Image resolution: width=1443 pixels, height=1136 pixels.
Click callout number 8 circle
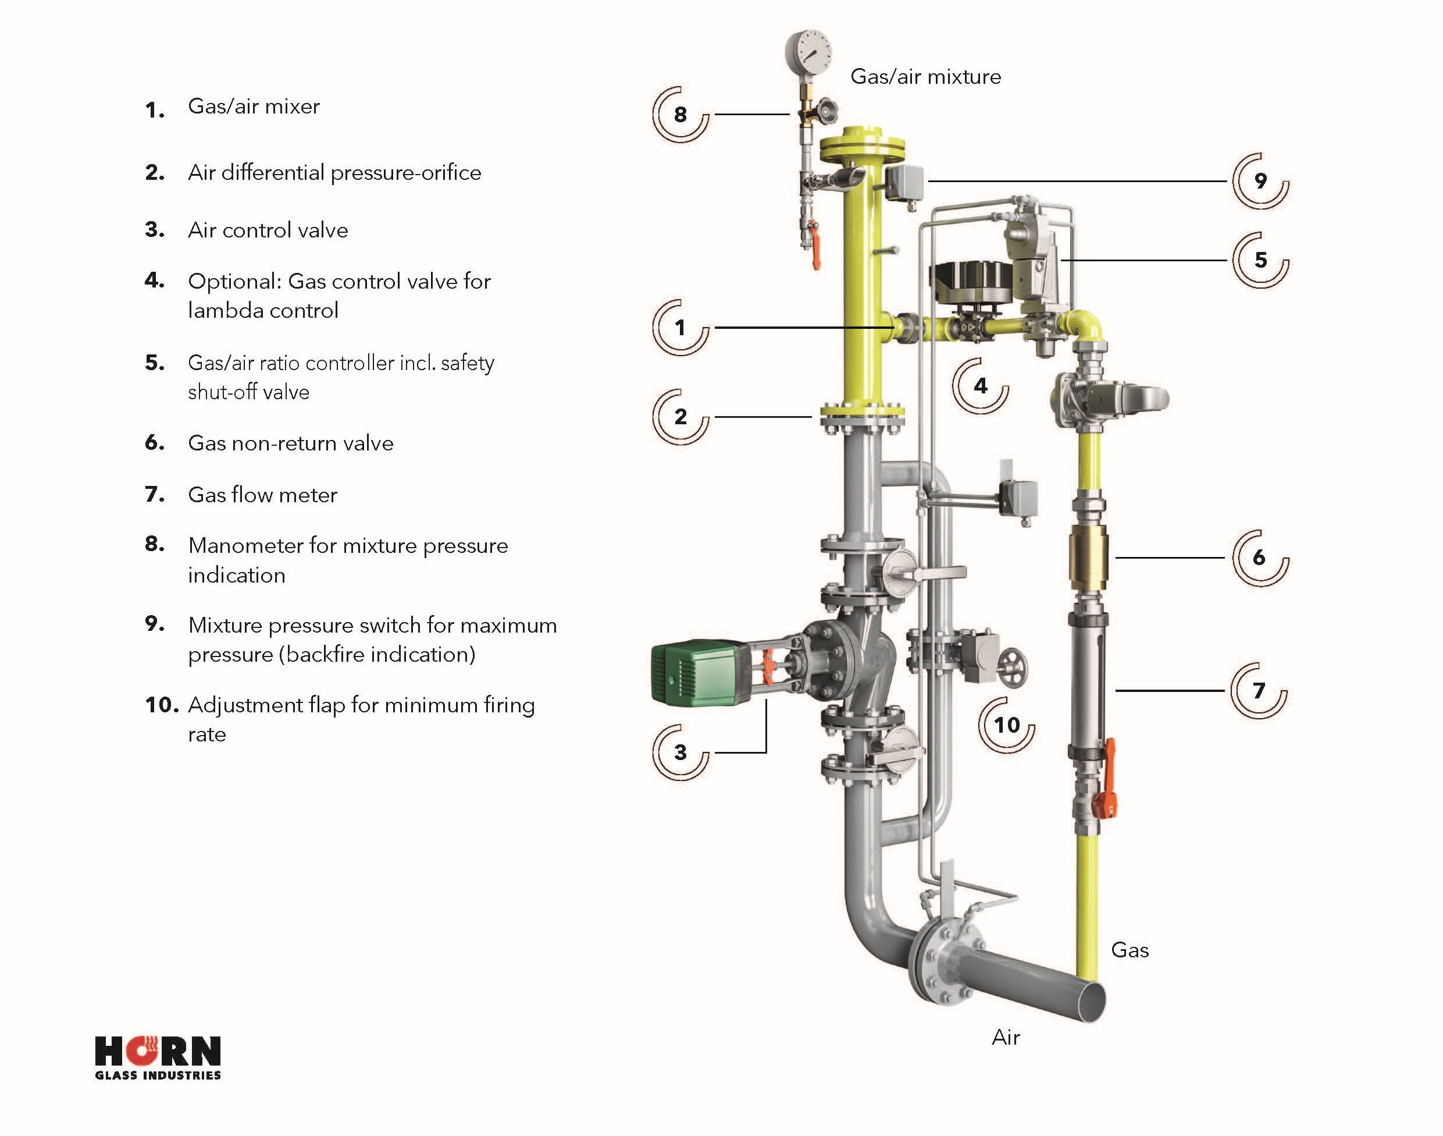(680, 115)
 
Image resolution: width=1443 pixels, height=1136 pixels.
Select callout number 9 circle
(1261, 181)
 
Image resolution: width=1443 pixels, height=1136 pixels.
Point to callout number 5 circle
(1261, 260)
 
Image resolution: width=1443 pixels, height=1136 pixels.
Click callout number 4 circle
(981, 386)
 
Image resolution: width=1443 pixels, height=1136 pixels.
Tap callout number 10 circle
(1007, 725)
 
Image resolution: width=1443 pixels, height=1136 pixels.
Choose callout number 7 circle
(1259, 691)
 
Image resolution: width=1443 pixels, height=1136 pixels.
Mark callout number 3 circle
(680, 752)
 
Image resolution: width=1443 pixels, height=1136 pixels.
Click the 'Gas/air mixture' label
(926, 77)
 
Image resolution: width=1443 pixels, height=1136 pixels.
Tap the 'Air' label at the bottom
(1006, 1038)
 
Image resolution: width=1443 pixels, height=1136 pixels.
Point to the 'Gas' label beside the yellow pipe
(1130, 950)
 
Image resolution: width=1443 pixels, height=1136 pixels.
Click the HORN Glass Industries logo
(158, 1057)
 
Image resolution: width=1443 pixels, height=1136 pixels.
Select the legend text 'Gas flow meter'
(262, 495)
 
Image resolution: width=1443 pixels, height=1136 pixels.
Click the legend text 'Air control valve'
(268, 230)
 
